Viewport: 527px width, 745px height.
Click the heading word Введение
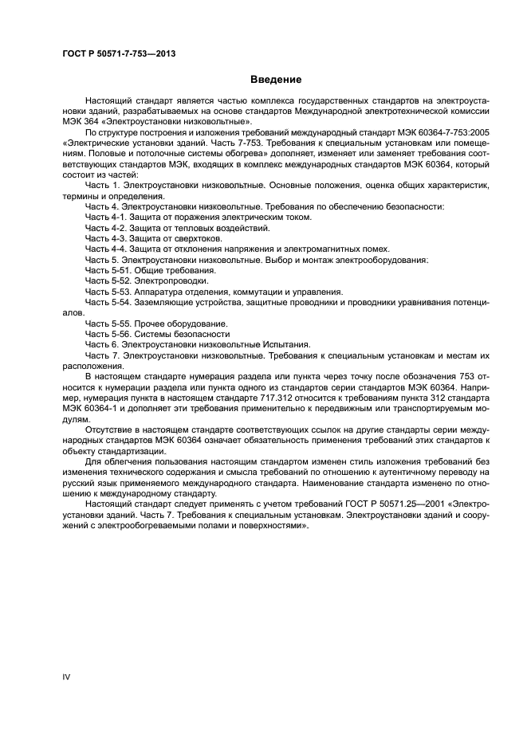276,80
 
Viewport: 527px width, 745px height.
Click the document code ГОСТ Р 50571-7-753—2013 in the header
118,53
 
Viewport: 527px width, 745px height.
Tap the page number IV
66,676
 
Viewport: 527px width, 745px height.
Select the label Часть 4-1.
105,217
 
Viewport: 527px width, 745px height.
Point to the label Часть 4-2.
105,227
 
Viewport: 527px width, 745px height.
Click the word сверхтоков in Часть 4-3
199,238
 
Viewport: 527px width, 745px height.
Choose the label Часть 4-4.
105,249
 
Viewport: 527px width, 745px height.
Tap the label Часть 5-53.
107,292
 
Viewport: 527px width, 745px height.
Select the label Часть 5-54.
107,303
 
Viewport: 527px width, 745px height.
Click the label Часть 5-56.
107,335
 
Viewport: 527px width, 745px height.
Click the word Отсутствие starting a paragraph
109,428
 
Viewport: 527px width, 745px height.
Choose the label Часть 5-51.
107,270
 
